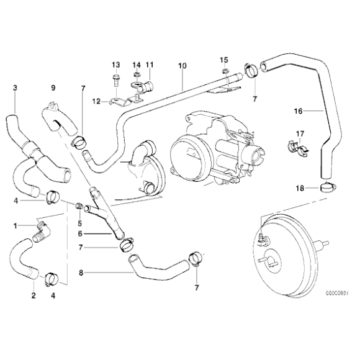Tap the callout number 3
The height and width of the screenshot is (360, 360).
click(14, 88)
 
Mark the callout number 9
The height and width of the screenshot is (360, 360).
click(53, 88)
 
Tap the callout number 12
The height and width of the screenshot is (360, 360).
click(96, 101)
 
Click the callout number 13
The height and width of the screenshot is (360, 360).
click(115, 65)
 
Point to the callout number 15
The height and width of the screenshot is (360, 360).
click(223, 59)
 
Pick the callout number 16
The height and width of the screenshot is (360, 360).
click(297, 112)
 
